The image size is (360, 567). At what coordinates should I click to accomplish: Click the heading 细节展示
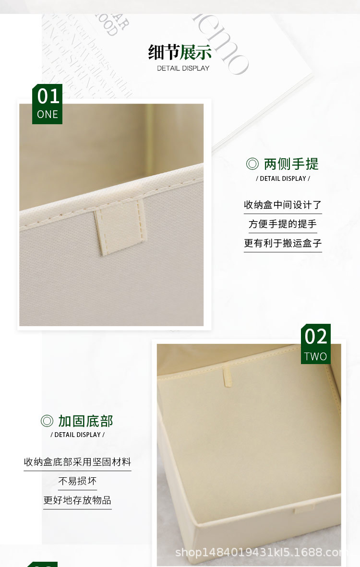[180, 52]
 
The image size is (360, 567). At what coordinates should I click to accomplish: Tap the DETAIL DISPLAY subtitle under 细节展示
[183, 68]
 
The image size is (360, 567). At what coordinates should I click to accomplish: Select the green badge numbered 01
[48, 104]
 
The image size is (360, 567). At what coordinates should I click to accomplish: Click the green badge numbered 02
[316, 343]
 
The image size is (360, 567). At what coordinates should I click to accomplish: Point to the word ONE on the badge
[48, 115]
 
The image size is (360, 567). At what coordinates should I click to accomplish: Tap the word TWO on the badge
[316, 356]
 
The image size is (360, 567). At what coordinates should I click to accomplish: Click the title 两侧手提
[291, 164]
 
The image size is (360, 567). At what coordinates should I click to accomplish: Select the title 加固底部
[85, 421]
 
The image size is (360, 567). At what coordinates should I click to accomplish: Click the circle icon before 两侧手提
[252, 164]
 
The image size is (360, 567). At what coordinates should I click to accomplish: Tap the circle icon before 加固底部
[47, 421]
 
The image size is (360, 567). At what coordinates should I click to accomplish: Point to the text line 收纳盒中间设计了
[283, 205]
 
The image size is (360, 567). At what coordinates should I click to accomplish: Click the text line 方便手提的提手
[283, 224]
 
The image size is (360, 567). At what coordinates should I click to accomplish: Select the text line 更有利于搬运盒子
[283, 243]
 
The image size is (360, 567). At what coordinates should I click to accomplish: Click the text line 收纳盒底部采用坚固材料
[77, 462]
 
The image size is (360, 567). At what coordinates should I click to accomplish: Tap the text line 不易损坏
[77, 481]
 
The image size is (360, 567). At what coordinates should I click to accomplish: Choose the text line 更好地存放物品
[77, 500]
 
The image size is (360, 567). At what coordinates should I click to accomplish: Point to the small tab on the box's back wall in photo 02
[228, 377]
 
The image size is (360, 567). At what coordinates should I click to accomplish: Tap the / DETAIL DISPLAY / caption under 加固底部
[77, 435]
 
